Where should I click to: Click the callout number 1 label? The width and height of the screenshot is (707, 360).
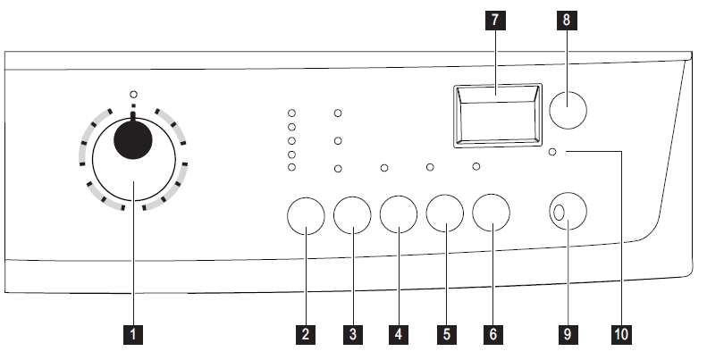pyautogui.click(x=133, y=335)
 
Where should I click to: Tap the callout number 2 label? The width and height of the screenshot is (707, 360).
pyautogui.click(x=306, y=335)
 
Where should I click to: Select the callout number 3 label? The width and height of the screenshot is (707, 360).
pyautogui.click(x=353, y=335)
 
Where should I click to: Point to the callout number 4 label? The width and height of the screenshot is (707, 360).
pyautogui.click(x=399, y=335)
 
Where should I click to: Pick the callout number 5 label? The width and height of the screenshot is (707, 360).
pyautogui.click(x=445, y=335)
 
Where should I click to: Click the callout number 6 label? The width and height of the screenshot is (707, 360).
pyautogui.click(x=492, y=335)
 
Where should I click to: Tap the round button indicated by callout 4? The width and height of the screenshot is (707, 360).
pyautogui.click(x=399, y=214)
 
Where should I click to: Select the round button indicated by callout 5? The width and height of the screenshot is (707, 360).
pyautogui.click(x=445, y=214)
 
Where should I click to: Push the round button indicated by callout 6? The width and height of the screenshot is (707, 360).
pyautogui.click(x=492, y=214)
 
